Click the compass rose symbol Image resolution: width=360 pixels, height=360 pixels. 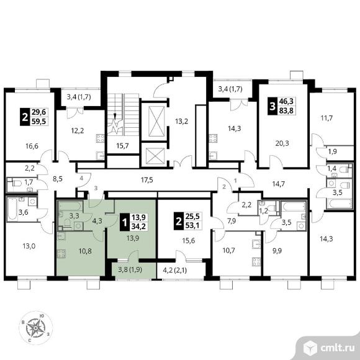click(35, 328)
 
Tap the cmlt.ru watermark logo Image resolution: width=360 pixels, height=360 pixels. click(329, 348)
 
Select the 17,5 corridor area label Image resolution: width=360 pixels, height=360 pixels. click(147, 180)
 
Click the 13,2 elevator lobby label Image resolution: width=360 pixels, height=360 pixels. click(182, 121)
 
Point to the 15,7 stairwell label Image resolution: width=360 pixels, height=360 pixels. click(122, 146)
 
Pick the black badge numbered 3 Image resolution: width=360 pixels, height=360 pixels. click(272, 106)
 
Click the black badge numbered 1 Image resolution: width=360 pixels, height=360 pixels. click(125, 222)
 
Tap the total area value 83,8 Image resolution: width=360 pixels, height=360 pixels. click(286, 110)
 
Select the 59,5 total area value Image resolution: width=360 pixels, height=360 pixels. click(39, 121)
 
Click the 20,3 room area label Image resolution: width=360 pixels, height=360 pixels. click(282, 143)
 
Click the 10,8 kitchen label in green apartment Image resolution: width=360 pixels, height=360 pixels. click(85, 251)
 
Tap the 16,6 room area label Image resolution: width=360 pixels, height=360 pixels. click(32, 146)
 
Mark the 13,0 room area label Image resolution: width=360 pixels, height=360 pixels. click(29, 246)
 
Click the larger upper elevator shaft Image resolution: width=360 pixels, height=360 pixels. click(156, 121)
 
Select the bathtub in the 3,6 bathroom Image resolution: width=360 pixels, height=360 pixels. click(12, 209)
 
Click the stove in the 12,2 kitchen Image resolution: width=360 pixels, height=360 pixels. click(100, 138)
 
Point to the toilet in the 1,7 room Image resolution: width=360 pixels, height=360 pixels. click(16, 183)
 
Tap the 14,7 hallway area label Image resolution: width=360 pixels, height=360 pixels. click(278, 184)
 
